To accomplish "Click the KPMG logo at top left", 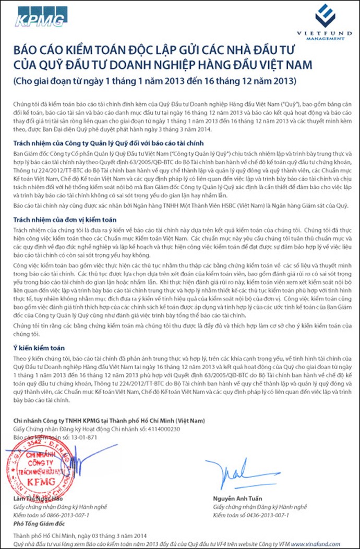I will tap(41, 17).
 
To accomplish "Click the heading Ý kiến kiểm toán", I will tap(35, 347).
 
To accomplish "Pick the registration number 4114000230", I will tap(163, 429).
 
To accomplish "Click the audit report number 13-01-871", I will tap(84, 437).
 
